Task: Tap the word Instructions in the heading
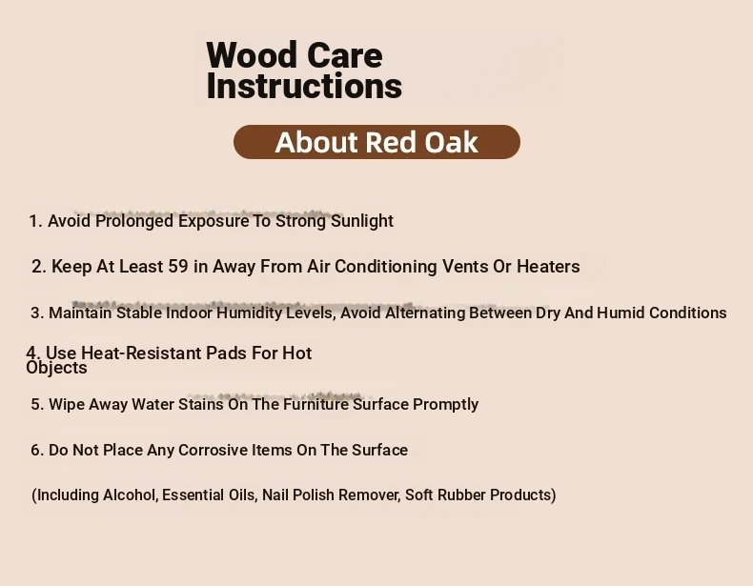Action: tap(304, 86)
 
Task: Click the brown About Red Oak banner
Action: tap(377, 142)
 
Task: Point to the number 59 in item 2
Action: tap(177, 267)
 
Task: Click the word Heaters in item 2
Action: tap(548, 267)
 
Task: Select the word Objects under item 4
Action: tap(56, 368)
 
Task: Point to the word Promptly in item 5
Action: tap(446, 405)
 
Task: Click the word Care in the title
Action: tap(344, 55)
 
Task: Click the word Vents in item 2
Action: tap(465, 267)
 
